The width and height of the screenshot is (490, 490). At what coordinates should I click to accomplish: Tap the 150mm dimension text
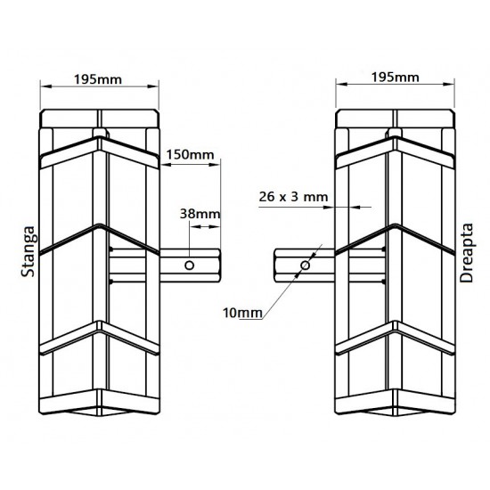190,154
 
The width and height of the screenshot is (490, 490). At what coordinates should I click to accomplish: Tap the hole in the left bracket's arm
190,265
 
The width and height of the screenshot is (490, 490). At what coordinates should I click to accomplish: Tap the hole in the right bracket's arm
306,265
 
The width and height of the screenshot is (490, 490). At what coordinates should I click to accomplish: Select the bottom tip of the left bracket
101,412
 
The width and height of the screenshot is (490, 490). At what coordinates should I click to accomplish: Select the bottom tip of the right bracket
393,412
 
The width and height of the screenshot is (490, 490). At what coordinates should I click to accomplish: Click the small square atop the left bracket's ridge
100,136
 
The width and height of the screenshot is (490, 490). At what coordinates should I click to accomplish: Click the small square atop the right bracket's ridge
393,136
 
